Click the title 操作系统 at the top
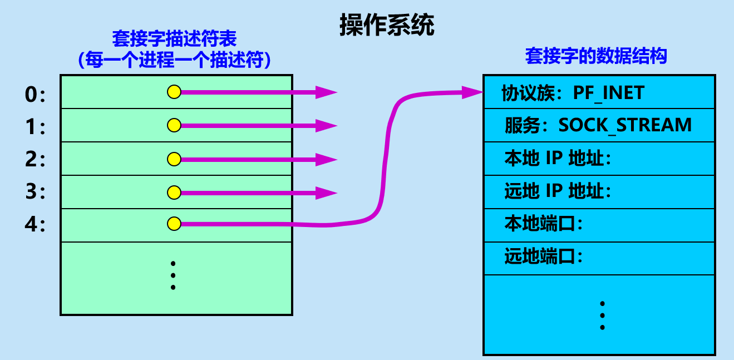click(x=387, y=26)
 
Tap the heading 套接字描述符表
click(x=175, y=39)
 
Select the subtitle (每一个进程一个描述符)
click(x=175, y=60)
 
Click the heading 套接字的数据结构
click(x=596, y=56)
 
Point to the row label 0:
click(x=35, y=96)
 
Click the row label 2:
click(x=35, y=160)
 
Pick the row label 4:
click(x=35, y=225)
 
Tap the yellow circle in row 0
click(x=174, y=92)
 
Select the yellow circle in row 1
click(x=174, y=126)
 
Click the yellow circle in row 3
click(x=174, y=193)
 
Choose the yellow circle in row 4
click(x=174, y=224)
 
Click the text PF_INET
click(x=608, y=92)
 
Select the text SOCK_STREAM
click(x=625, y=125)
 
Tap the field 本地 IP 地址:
click(x=558, y=159)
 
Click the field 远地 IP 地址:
click(x=558, y=191)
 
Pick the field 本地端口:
click(x=543, y=224)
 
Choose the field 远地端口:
click(x=543, y=257)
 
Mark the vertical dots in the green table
click(x=174, y=275)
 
